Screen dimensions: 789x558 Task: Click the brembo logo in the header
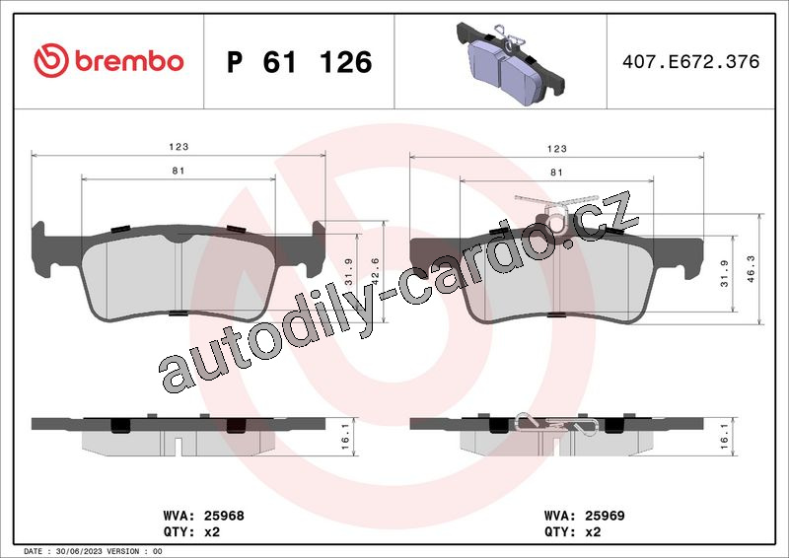108,61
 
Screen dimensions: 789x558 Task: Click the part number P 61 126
300,62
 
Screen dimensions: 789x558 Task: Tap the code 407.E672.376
691,61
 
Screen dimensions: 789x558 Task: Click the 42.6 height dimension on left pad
375,271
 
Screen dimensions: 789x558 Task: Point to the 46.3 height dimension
751,269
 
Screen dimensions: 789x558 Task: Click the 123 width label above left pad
179,147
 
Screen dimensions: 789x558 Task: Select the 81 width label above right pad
556,173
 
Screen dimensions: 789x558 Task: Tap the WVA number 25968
224,516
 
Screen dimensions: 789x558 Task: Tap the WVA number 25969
605,516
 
